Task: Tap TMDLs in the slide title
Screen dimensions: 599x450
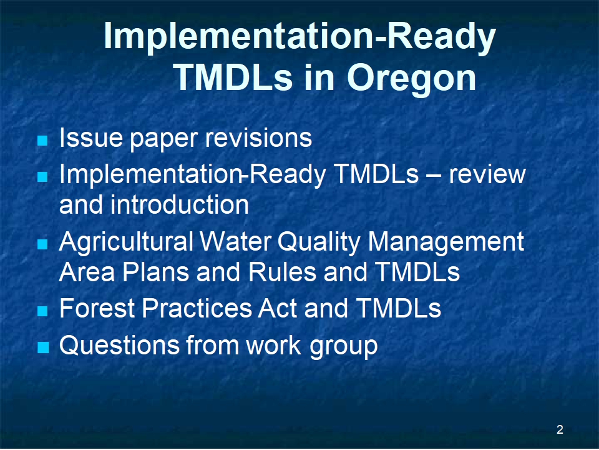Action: pyautogui.click(x=233, y=77)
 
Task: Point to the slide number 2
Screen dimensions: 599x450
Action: pyautogui.click(x=560, y=429)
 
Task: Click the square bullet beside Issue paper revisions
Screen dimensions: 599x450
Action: pyautogui.click(x=43, y=140)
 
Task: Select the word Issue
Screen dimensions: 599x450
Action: pyautogui.click(x=91, y=137)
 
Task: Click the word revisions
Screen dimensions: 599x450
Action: pyautogui.click(x=258, y=137)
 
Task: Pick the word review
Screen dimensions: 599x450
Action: pyautogui.click(x=487, y=174)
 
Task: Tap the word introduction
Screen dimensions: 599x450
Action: pyautogui.click(x=180, y=204)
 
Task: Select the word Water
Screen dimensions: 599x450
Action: pyautogui.click(x=235, y=242)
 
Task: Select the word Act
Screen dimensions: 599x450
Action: pyautogui.click(x=278, y=308)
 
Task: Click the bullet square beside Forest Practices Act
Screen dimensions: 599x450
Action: pyautogui.click(x=43, y=311)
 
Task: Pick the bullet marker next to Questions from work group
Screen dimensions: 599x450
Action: pyautogui.click(x=44, y=347)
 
